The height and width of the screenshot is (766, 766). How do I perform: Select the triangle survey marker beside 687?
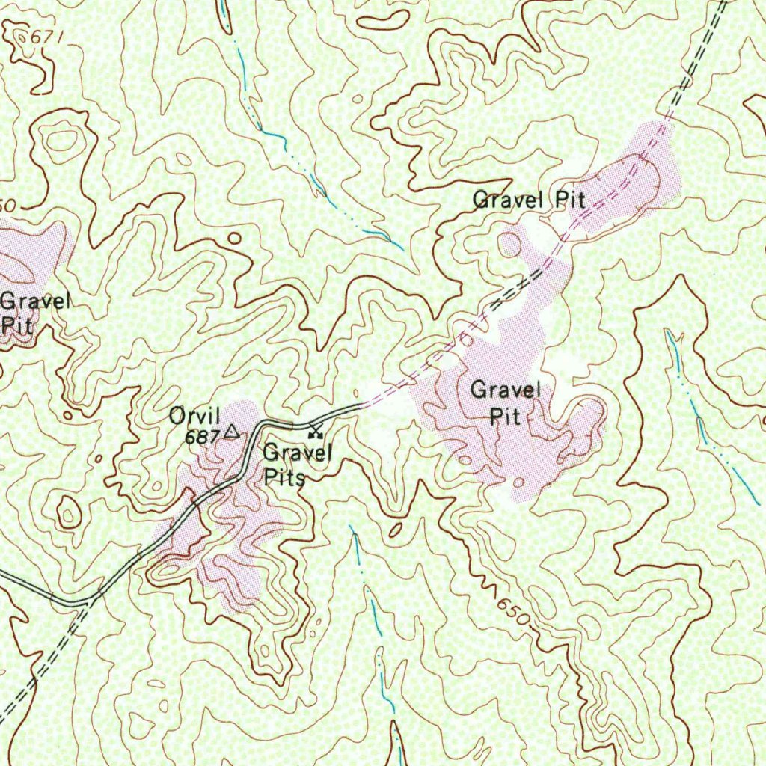(x=231, y=431)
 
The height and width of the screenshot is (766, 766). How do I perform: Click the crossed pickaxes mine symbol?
(x=315, y=431)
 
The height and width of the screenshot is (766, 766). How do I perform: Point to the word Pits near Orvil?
(x=285, y=478)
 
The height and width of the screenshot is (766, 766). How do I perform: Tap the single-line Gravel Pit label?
(x=529, y=200)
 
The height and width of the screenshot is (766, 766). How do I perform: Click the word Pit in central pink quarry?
(x=505, y=417)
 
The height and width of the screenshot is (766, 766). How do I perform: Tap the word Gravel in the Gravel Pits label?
(x=297, y=453)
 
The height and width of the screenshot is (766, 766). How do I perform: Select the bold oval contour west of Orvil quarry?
(x=69, y=513)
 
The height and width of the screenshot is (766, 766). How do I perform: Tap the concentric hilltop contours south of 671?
(x=61, y=139)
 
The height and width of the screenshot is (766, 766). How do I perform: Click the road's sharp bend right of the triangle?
(x=259, y=424)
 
